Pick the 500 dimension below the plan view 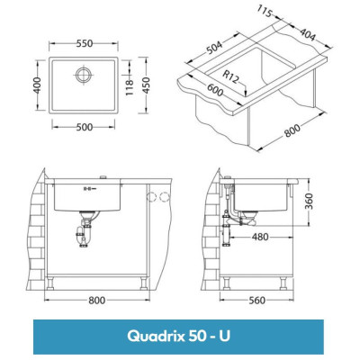(x=83, y=127)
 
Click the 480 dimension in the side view (x=260, y=238)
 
